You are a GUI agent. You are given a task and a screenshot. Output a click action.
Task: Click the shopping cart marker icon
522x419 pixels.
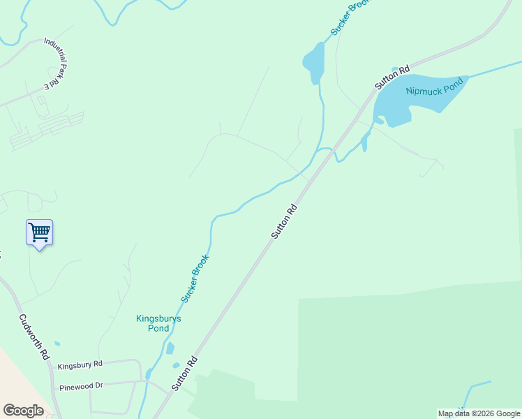40,232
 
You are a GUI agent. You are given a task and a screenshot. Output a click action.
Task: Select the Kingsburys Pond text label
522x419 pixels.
158,323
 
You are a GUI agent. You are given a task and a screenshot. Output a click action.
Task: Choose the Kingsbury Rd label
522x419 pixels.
80,365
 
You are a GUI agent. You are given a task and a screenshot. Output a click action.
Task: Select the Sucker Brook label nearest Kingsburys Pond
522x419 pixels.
195,278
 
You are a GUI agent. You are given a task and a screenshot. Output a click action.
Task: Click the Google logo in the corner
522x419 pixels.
23,411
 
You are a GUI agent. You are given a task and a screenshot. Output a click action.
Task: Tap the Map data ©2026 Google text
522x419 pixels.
479,413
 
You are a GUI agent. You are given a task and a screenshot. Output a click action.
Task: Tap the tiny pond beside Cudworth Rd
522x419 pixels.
57,344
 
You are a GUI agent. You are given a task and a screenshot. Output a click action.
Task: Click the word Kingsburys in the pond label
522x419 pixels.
158,318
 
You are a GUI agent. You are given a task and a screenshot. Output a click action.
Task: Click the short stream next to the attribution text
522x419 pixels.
475,388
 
